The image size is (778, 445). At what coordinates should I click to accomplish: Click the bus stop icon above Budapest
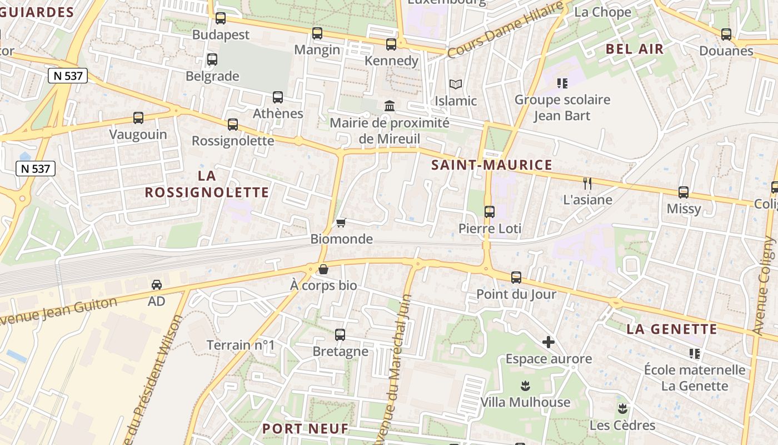pyautogui.click(x=221, y=18)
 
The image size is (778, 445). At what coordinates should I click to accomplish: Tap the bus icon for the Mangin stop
pyautogui.click(x=317, y=33)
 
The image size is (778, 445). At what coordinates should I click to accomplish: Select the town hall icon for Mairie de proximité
pyautogui.click(x=390, y=106)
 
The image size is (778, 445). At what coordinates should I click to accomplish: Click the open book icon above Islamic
pyautogui.click(x=456, y=85)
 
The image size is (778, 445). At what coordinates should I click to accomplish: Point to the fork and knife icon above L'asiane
pyautogui.click(x=587, y=183)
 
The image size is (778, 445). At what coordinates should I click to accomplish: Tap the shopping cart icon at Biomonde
pyautogui.click(x=341, y=222)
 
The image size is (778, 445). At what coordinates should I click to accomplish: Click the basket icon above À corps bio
pyautogui.click(x=323, y=270)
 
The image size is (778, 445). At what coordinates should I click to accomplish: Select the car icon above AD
pyautogui.click(x=157, y=285)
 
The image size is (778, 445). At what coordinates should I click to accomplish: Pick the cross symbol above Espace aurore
pyautogui.click(x=548, y=342)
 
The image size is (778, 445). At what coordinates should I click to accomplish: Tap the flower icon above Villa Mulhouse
pyautogui.click(x=525, y=385)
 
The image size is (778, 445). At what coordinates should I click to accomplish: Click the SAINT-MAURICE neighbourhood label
pyautogui.click(x=492, y=165)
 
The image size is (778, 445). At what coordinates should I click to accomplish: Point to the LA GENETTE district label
pyautogui.click(x=672, y=329)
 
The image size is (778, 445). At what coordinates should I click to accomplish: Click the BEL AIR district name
pyautogui.click(x=635, y=49)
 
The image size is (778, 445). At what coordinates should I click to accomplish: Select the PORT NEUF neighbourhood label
pyautogui.click(x=305, y=428)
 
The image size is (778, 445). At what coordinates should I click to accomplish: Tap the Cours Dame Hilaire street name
pyautogui.click(x=503, y=30)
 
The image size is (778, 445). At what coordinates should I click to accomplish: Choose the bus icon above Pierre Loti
pyautogui.click(x=490, y=212)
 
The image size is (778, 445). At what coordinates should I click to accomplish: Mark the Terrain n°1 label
pyautogui.click(x=241, y=345)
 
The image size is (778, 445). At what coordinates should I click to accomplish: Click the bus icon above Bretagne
pyautogui.click(x=340, y=335)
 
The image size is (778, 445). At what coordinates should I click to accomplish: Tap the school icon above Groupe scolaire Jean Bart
pyautogui.click(x=562, y=83)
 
